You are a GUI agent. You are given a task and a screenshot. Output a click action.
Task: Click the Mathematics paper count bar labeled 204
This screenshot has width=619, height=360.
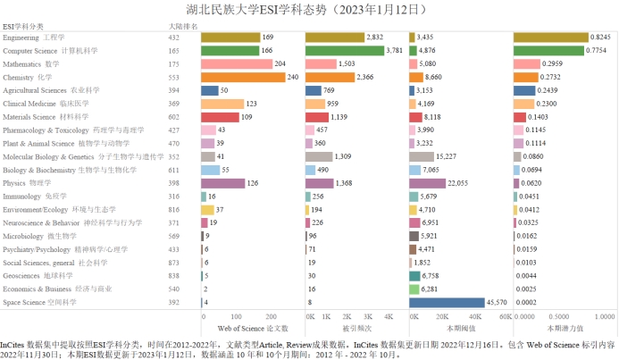click(x=230, y=64)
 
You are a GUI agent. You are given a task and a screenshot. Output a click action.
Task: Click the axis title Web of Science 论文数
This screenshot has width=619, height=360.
click(x=253, y=328)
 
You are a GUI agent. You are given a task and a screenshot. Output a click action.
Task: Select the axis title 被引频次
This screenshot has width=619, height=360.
click(x=356, y=328)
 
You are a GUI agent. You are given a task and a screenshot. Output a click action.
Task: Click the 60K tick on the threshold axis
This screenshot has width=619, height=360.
click(x=505, y=316)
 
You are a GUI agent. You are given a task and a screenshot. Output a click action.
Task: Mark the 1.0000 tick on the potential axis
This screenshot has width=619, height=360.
click(x=605, y=316)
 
